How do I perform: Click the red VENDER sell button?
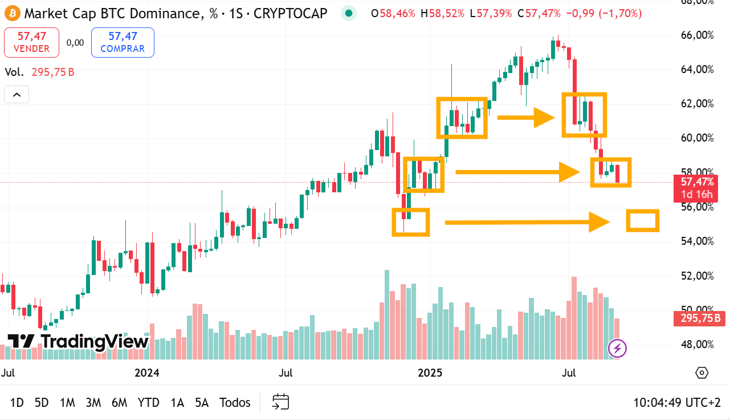click(x=31, y=43)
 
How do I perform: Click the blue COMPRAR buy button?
click(x=123, y=43)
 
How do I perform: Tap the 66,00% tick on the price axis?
click(x=698, y=35)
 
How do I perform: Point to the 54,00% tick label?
click(x=698, y=241)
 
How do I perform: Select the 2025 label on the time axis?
click(x=430, y=373)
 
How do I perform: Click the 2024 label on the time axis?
click(x=147, y=373)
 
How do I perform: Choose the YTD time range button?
click(x=148, y=402)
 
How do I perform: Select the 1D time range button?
click(x=17, y=402)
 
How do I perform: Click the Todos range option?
click(x=235, y=402)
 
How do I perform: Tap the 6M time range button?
click(x=119, y=402)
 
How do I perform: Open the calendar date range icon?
click(x=280, y=402)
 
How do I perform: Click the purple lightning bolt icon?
click(x=618, y=348)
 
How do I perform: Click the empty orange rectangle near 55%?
click(x=643, y=220)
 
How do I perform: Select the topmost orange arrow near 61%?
click(x=525, y=118)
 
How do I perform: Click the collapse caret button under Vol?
click(x=17, y=95)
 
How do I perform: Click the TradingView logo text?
click(x=78, y=341)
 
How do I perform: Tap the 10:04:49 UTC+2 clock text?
click(x=677, y=402)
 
